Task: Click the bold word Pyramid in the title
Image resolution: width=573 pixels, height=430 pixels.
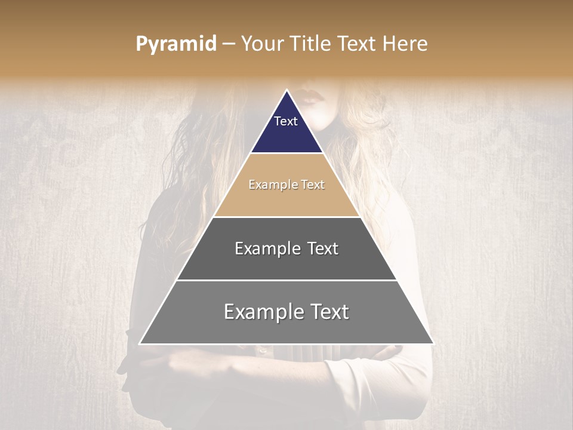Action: (176, 44)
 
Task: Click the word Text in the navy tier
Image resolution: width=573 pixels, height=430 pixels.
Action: (286, 121)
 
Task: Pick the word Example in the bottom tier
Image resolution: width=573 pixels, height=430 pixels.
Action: (262, 312)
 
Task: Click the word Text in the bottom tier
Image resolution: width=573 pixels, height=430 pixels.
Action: (328, 312)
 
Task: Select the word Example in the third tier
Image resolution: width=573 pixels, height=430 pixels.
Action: (267, 248)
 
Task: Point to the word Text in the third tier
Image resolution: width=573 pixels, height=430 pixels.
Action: (322, 248)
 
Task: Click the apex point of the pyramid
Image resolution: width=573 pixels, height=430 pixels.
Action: (286, 90)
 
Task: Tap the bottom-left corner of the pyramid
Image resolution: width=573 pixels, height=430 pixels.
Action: (140, 344)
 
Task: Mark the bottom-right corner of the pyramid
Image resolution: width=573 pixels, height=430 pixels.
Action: (433, 344)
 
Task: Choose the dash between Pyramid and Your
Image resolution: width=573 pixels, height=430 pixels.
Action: (229, 44)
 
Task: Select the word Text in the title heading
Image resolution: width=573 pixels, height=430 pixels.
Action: (356, 44)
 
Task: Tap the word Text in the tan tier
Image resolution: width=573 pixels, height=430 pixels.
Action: (313, 185)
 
